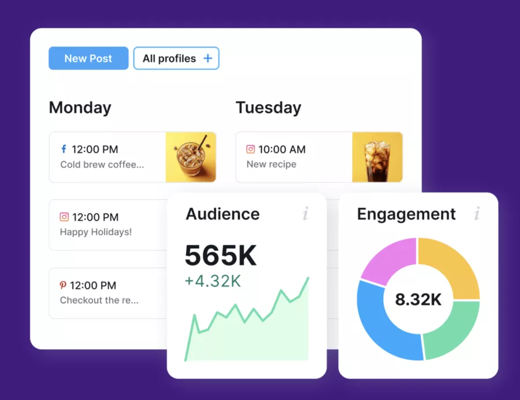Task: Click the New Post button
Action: tap(88, 58)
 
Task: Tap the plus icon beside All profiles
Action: tap(208, 58)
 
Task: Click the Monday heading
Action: tap(80, 107)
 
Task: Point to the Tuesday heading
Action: tap(268, 107)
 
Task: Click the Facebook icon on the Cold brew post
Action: tap(64, 149)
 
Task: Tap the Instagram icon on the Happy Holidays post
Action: tap(64, 217)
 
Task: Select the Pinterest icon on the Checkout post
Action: tap(64, 285)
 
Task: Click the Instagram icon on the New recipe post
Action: tap(250, 149)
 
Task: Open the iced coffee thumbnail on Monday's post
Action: tap(191, 157)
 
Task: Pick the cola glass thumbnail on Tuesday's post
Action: tap(377, 157)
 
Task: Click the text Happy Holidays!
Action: tap(96, 232)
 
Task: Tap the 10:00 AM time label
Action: tap(282, 149)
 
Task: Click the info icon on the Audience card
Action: tap(306, 214)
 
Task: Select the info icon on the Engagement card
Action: tap(477, 214)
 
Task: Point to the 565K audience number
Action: tap(221, 256)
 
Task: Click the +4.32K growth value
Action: tap(213, 281)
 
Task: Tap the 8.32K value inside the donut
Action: tap(418, 300)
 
